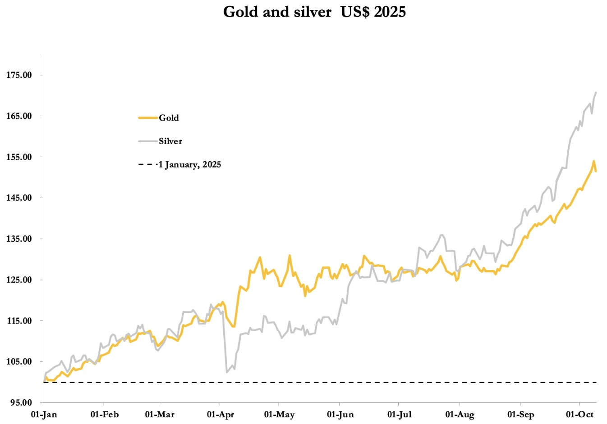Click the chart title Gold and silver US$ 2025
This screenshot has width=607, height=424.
click(314, 12)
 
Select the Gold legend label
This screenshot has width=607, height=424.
click(169, 118)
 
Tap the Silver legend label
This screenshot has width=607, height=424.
click(170, 141)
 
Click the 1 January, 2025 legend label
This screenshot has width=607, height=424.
click(189, 165)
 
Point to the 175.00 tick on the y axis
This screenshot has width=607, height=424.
click(19, 75)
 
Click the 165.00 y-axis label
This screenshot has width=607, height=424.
click(19, 116)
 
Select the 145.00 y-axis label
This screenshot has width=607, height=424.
click(19, 198)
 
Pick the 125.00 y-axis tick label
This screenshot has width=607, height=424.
click(19, 280)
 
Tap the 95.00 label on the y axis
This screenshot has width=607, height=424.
click(21, 403)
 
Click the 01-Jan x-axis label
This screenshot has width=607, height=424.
click(44, 415)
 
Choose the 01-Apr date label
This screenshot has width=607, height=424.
click(221, 415)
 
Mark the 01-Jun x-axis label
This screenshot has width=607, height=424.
click(340, 415)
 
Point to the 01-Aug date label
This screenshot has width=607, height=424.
click(460, 415)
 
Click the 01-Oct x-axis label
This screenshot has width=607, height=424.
click(580, 415)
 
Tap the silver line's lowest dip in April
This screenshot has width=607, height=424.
click(227, 372)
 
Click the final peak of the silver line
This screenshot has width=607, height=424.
click(596, 92)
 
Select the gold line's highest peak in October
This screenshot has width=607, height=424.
click(594, 161)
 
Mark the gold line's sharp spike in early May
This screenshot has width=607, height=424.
click(290, 255)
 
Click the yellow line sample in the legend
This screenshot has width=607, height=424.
click(147, 118)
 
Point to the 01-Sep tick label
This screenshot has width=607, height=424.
click(520, 415)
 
